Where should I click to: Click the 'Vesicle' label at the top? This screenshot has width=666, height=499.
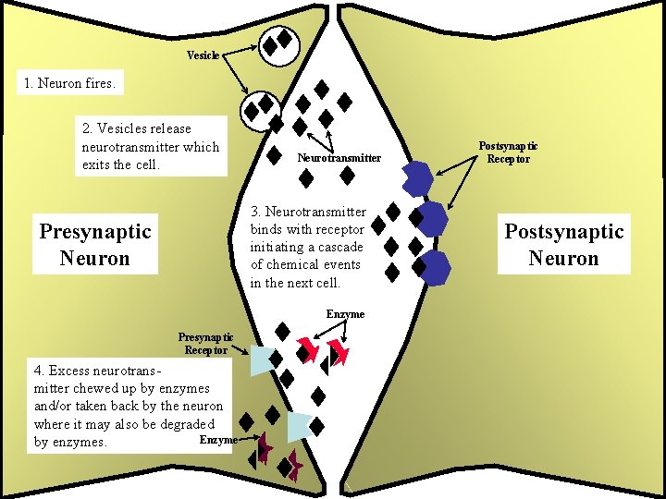203,55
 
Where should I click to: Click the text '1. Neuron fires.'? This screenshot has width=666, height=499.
70,84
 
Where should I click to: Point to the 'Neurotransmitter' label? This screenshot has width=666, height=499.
339,158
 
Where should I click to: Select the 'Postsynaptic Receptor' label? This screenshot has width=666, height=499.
508,152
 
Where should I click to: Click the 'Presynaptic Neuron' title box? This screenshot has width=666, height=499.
94,245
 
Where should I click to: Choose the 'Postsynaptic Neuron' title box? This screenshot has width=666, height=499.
563,245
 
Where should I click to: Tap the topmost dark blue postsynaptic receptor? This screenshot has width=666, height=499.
417,178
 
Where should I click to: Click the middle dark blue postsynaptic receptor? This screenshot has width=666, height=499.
430,220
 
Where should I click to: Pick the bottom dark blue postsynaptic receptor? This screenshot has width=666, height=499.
433,267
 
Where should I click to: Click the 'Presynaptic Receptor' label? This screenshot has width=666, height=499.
205,343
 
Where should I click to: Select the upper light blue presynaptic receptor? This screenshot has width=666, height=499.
263,360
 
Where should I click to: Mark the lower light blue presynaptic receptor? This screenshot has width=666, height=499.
299,426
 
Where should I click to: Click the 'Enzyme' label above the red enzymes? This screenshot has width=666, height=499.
345,314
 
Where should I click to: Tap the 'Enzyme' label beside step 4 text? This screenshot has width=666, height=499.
218,441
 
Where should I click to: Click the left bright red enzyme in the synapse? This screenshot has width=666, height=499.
305,350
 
